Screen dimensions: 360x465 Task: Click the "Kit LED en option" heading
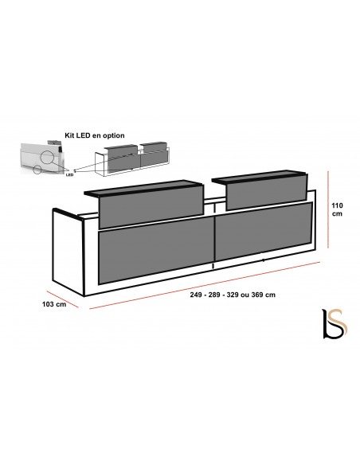95,135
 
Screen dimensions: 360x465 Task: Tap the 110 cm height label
337,209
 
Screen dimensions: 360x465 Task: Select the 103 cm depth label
54,304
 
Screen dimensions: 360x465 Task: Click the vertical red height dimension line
328,209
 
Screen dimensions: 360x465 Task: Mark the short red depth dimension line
63,299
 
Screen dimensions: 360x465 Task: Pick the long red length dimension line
205,285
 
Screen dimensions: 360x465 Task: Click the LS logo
335,323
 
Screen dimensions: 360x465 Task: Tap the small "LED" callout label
69,175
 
